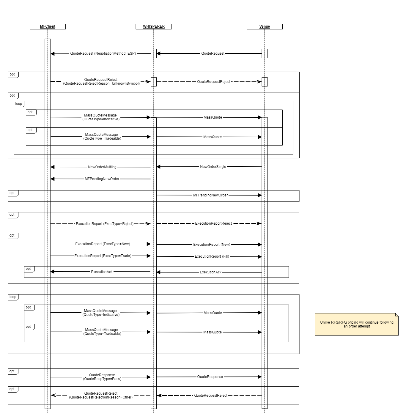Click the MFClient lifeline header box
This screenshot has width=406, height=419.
tap(48, 26)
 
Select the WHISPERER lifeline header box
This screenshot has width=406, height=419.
tap(154, 26)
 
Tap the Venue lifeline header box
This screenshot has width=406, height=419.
tap(265, 26)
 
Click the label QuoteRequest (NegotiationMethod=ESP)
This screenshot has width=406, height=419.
tap(103, 53)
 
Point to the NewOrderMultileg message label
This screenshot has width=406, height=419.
tap(102, 167)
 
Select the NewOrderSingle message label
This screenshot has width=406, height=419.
tap(213, 167)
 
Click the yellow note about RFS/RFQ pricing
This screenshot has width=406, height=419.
tap(357, 324)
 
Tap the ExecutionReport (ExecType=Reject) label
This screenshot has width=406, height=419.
tap(105, 223)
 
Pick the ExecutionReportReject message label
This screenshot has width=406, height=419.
tap(213, 223)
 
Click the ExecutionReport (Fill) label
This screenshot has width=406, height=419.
tap(212, 256)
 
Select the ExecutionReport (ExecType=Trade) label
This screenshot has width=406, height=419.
tap(103, 256)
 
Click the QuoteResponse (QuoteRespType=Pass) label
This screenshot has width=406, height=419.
tap(102, 377)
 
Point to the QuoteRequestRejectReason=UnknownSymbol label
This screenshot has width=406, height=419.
tap(101, 84)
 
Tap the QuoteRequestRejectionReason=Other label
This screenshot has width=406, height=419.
tap(101, 397)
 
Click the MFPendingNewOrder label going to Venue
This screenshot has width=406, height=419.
tap(210, 195)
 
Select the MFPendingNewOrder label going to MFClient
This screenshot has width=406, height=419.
tap(102, 179)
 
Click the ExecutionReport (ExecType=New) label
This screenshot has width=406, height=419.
tap(103, 244)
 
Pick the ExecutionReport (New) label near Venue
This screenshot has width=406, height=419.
tap(212, 245)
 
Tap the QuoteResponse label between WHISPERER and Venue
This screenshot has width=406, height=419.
tap(210, 377)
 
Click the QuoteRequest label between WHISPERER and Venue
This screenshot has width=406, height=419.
tap(213, 53)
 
